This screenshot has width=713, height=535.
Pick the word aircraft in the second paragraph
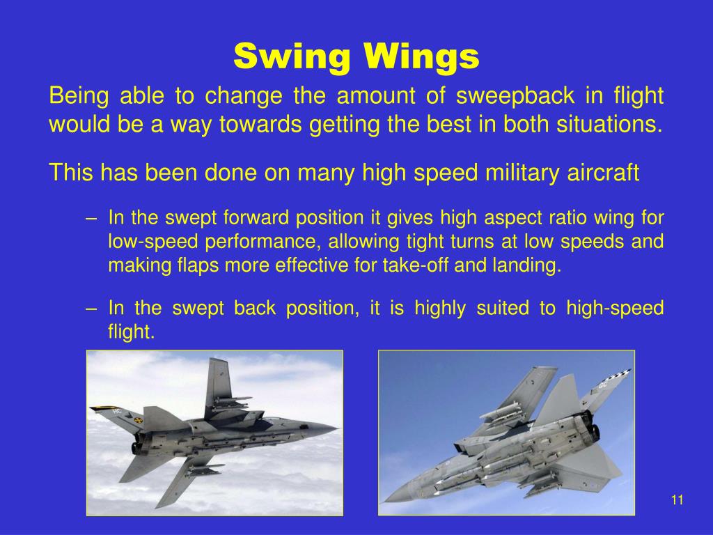click(601, 172)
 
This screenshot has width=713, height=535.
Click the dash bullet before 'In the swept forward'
click(91, 218)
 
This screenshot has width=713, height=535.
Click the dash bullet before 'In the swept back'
click(91, 308)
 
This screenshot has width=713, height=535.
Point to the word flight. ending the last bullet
click(130, 332)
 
